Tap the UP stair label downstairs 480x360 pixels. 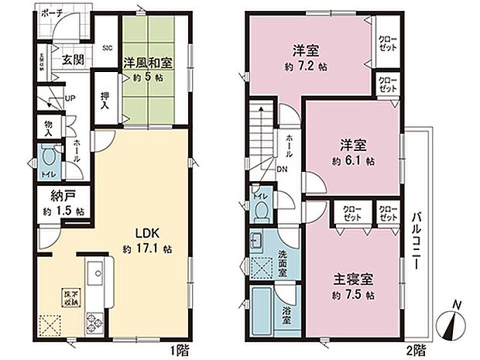[x=70, y=98]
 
